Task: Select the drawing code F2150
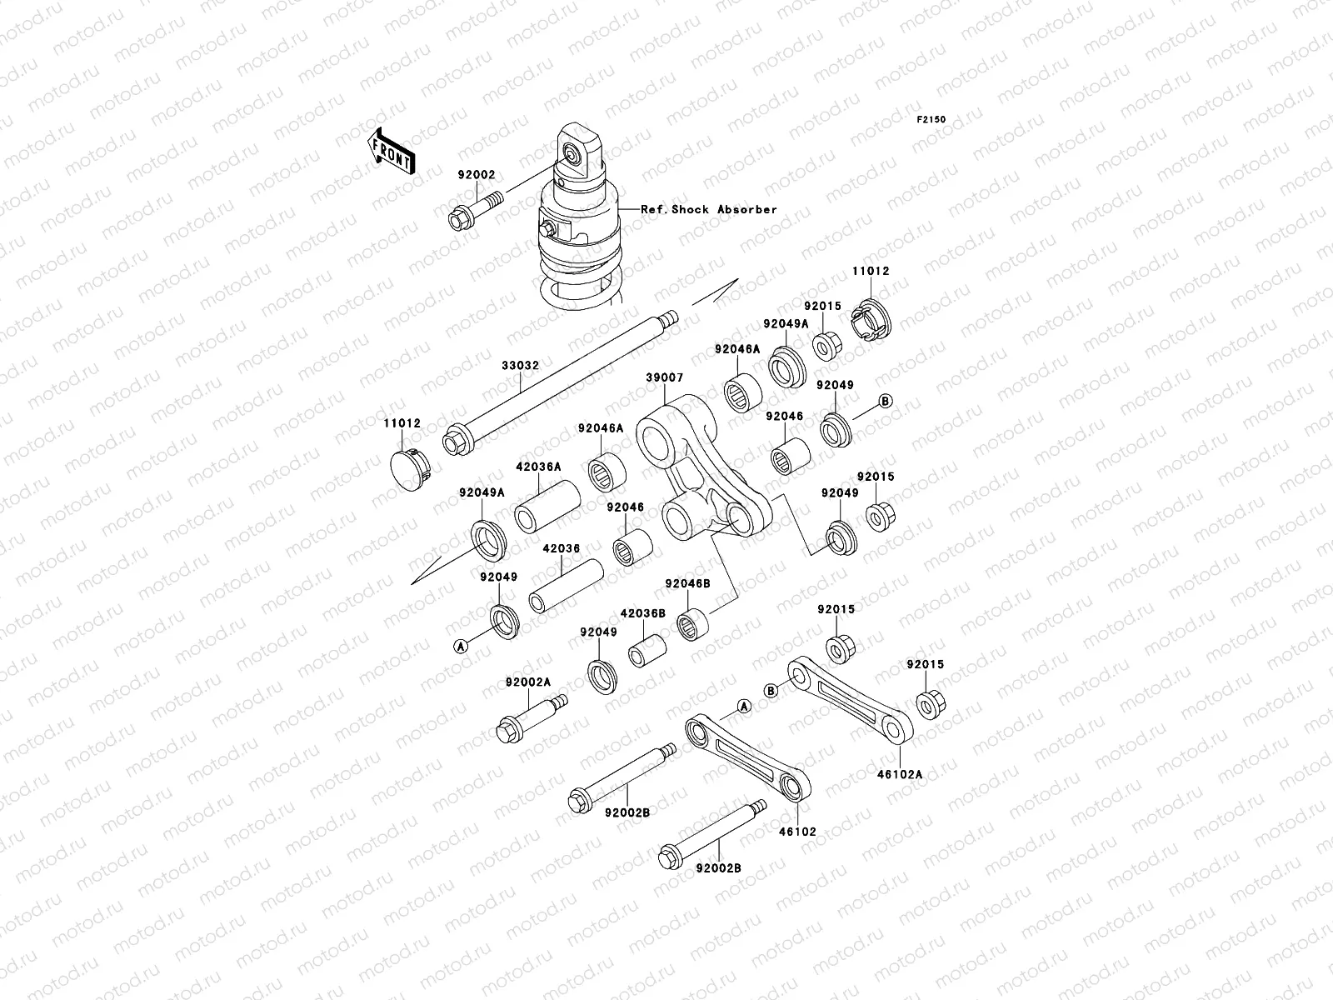pyautogui.click(x=931, y=120)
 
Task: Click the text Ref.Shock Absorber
pyautogui.click(x=708, y=209)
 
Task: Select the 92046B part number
pyautogui.click(x=687, y=584)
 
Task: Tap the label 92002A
pyautogui.click(x=528, y=682)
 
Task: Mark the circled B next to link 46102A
pyautogui.click(x=771, y=690)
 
